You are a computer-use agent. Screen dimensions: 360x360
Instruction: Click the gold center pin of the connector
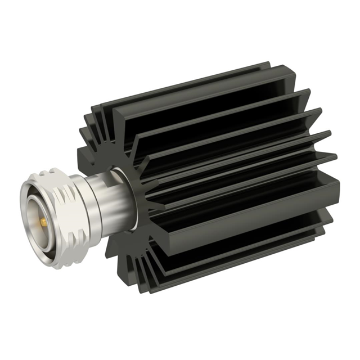(x=43, y=223)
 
